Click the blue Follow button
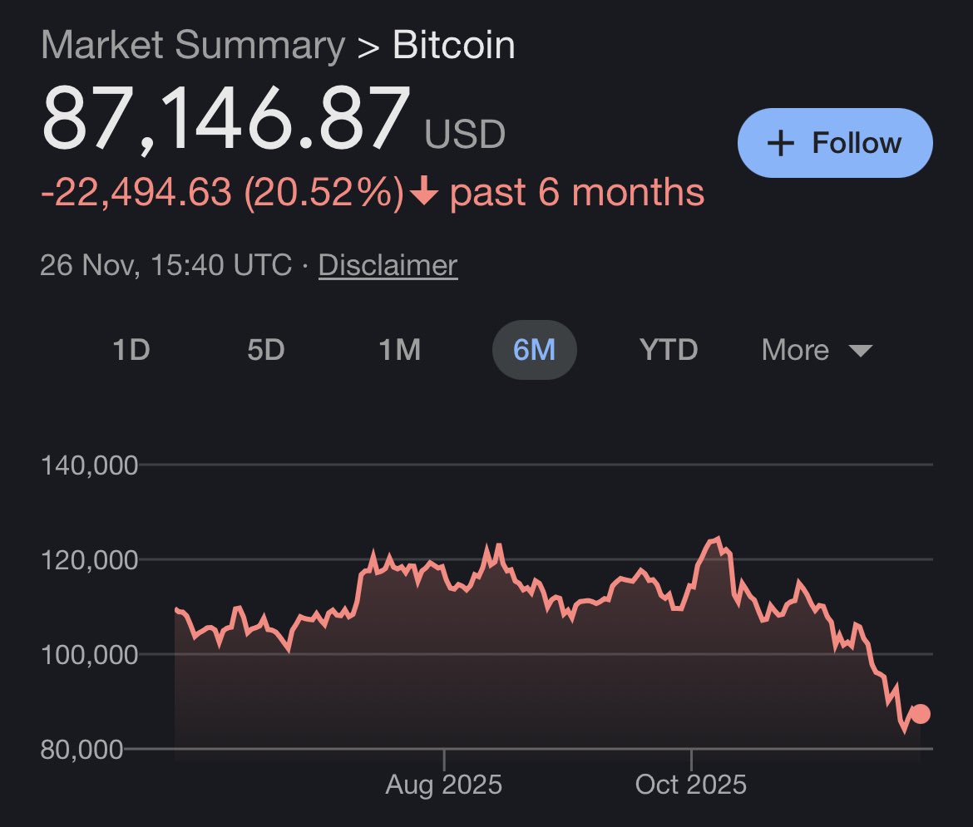pos(834,143)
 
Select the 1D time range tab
pos(131,350)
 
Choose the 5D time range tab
pos(266,350)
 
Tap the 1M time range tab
pos(399,350)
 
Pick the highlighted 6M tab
pos(534,350)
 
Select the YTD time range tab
pos(669,350)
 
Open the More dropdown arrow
pos(860,351)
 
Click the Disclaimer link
pos(388,265)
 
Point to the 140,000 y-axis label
pos(89,465)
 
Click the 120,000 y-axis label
pos(89,560)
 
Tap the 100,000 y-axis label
pos(89,655)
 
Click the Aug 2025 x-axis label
pos(444,785)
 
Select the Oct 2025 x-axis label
pos(690,785)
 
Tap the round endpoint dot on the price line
pos(920,714)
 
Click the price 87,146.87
pos(226,118)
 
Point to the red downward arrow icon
pos(424,193)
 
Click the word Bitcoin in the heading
pos(453,45)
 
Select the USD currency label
pos(465,134)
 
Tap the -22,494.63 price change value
pos(136,193)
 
